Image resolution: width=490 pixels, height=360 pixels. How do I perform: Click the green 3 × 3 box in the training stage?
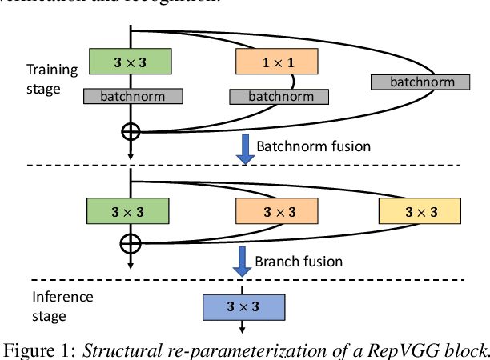point(130,61)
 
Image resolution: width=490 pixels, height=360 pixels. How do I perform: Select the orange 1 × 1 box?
point(276,61)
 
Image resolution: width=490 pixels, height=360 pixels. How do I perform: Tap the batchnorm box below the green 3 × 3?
point(134,96)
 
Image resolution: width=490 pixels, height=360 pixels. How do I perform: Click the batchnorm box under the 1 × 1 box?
point(277,96)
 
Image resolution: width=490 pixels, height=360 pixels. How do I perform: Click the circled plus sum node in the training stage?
point(130,130)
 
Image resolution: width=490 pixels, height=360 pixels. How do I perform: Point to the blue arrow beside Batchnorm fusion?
point(246,149)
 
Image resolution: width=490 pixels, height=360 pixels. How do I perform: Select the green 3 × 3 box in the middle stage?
point(128,211)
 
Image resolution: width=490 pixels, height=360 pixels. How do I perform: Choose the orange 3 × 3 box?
point(276,211)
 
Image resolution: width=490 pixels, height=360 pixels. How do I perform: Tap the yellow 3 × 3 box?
point(420,211)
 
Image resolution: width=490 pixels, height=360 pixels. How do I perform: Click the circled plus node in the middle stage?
point(130,243)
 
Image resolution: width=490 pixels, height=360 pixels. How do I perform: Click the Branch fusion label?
point(298,262)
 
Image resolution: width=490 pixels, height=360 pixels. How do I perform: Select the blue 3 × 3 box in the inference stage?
point(243,306)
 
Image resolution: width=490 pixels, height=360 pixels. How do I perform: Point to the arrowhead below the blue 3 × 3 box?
point(243,327)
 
